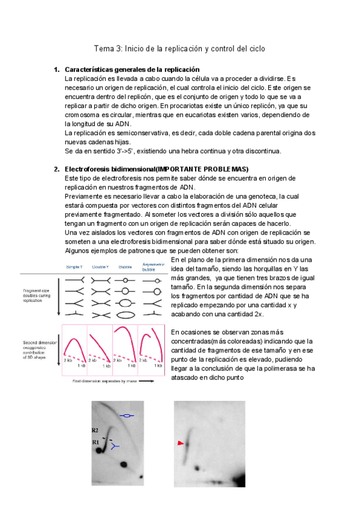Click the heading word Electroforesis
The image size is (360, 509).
pos(89,169)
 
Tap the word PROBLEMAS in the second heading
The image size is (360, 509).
pos(224,169)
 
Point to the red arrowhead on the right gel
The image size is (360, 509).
pos(179,442)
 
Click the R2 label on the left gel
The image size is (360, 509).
pos(95,430)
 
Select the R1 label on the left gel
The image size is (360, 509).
pos(95,442)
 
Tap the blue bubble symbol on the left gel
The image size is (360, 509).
pos(126,415)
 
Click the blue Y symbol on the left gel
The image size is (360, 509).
pos(116,446)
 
